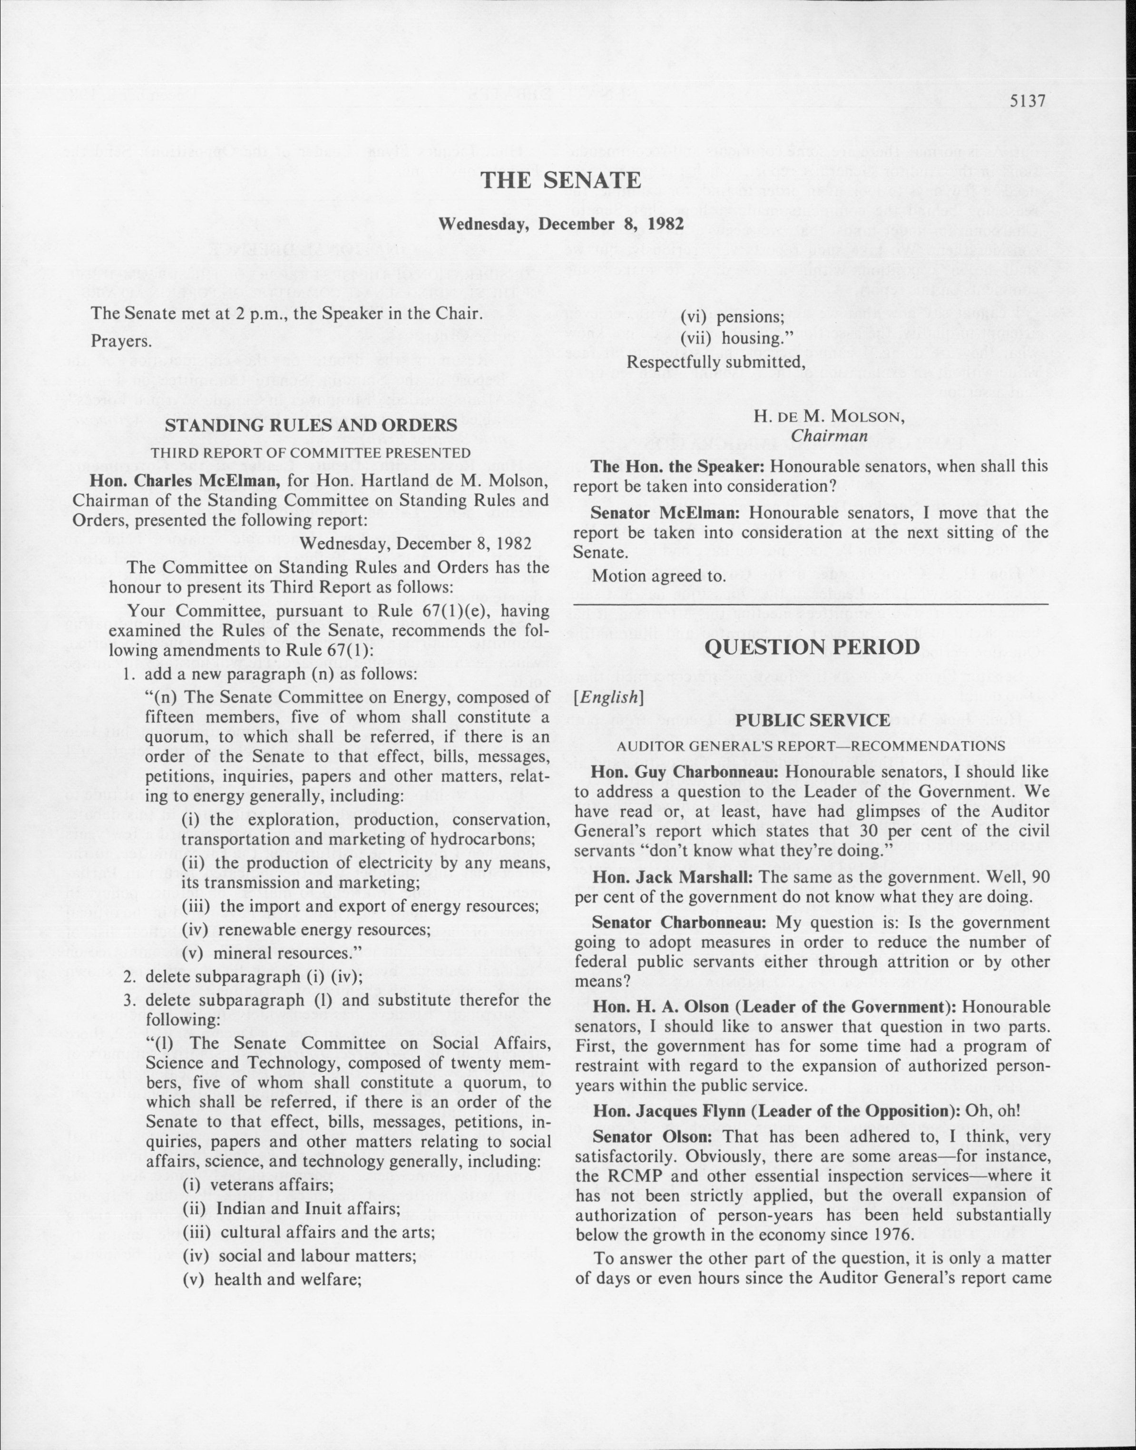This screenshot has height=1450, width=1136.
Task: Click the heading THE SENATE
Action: tap(561, 180)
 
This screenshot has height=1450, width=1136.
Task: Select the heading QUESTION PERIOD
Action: tap(812, 647)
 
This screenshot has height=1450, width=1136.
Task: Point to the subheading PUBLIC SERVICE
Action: tap(812, 720)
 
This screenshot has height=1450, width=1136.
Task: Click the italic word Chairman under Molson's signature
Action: tap(829, 436)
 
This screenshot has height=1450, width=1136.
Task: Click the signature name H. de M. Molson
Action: tap(829, 416)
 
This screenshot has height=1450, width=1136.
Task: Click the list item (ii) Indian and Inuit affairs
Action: tap(291, 1208)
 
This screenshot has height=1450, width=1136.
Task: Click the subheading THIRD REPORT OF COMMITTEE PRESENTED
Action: tap(311, 453)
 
